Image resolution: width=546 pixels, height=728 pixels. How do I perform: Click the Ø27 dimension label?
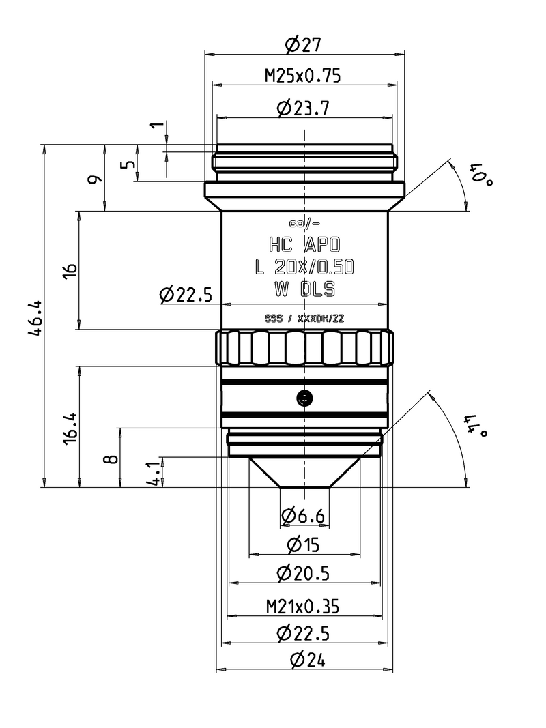click(x=303, y=45)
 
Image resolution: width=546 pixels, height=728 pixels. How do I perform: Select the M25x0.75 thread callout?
click(x=303, y=76)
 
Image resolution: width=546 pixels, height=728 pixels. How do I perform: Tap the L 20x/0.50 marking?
click(x=304, y=267)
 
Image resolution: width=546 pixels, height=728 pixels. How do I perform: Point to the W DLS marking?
click(x=304, y=289)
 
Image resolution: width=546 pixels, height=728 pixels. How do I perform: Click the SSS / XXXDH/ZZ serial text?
click(x=304, y=318)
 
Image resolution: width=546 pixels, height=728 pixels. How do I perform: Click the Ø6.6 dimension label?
click(x=302, y=516)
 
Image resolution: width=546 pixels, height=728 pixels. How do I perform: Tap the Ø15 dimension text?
click(x=304, y=545)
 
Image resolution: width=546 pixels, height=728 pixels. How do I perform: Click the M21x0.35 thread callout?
click(x=303, y=605)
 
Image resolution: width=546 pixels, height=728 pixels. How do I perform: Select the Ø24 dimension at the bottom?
click(x=304, y=660)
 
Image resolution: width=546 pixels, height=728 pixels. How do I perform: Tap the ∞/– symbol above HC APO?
click(x=304, y=224)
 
